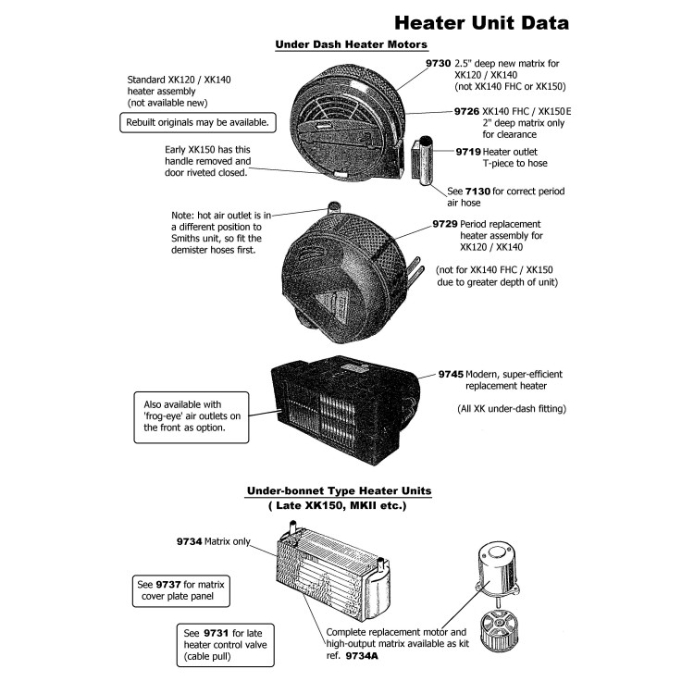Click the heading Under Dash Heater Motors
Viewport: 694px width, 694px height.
(351, 44)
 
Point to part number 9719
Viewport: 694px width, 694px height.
(468, 151)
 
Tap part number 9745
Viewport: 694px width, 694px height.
(451, 374)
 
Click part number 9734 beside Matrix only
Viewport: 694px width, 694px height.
(189, 540)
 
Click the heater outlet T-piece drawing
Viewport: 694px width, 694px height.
(428, 162)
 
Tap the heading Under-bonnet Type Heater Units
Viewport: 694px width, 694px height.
(338, 490)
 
